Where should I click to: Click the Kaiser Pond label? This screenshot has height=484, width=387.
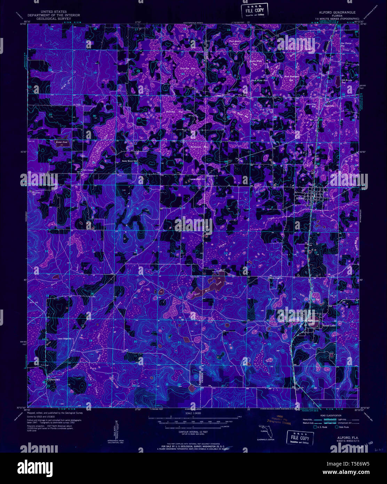coord(62,142)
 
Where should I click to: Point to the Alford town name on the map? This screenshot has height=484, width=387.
coord(300,198)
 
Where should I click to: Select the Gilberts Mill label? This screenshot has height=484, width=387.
coord(55,380)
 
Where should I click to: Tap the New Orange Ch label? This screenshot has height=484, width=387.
coord(92,170)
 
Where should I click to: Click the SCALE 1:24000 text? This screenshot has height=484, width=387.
coord(193,413)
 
